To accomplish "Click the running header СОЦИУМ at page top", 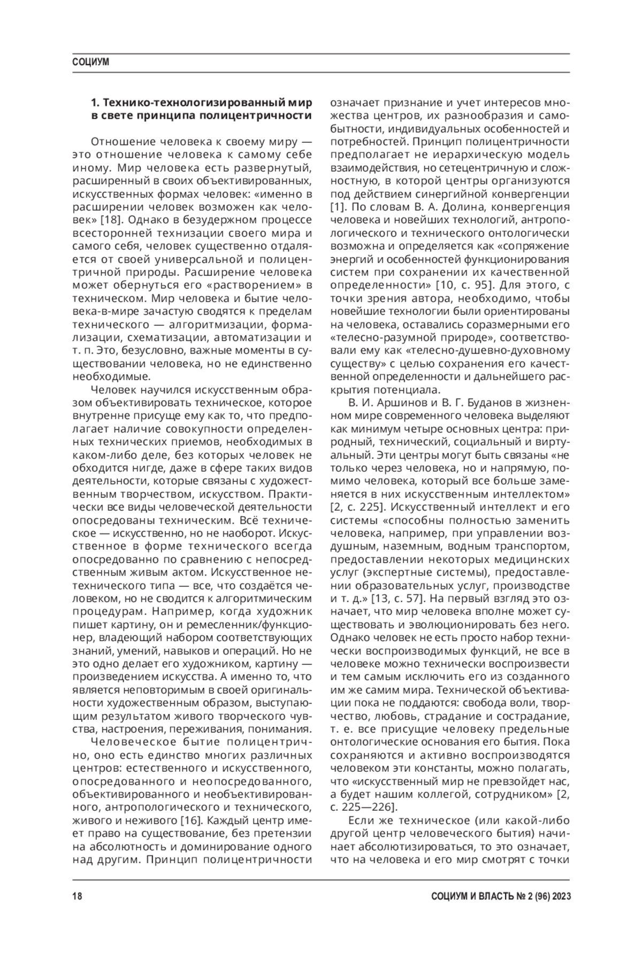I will [91, 63].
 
